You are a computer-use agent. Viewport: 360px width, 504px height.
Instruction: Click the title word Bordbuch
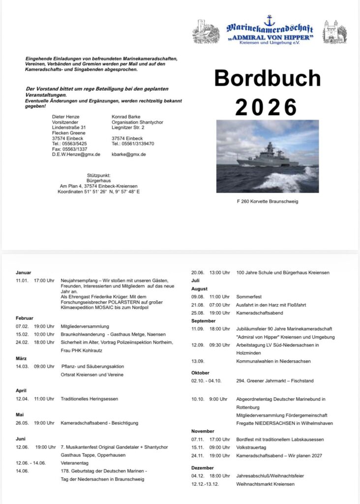(x=267, y=79)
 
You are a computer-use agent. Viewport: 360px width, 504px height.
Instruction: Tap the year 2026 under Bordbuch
(x=267, y=107)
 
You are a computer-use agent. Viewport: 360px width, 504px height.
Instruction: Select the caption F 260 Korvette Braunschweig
(x=268, y=201)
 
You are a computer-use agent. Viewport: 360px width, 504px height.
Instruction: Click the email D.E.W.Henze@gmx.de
(x=76, y=154)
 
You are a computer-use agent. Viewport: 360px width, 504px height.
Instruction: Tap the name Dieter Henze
(x=65, y=117)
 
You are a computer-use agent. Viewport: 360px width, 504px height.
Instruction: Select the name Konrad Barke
(x=126, y=117)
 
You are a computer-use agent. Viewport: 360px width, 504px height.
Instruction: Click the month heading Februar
(x=24, y=318)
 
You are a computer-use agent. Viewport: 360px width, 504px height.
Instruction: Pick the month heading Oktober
(x=200, y=373)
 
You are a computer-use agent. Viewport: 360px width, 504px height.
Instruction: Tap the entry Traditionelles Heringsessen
(x=90, y=398)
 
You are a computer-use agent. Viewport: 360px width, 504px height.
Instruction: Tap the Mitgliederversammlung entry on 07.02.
(x=86, y=326)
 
